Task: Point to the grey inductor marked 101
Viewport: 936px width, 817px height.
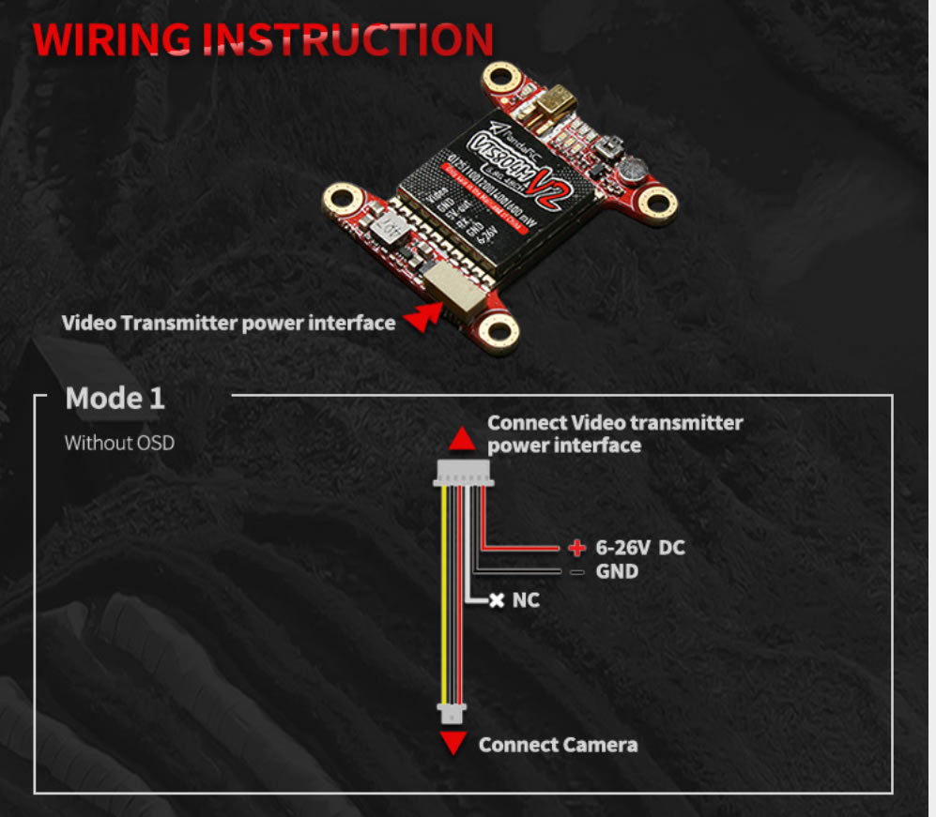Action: [x=386, y=229]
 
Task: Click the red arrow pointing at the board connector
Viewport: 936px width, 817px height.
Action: [x=423, y=319]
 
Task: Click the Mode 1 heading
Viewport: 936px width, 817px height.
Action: [x=115, y=399]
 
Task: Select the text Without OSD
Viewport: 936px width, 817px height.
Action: [x=119, y=443]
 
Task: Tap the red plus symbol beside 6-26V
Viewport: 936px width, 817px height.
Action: [x=576, y=547]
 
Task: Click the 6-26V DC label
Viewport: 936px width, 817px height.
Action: [x=640, y=547]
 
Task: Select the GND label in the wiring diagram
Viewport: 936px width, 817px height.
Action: [x=617, y=571]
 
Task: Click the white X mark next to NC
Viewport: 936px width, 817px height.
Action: [x=497, y=599]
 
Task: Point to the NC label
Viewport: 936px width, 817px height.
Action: [x=526, y=599]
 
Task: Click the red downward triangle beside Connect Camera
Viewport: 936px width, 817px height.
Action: [x=454, y=745]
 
